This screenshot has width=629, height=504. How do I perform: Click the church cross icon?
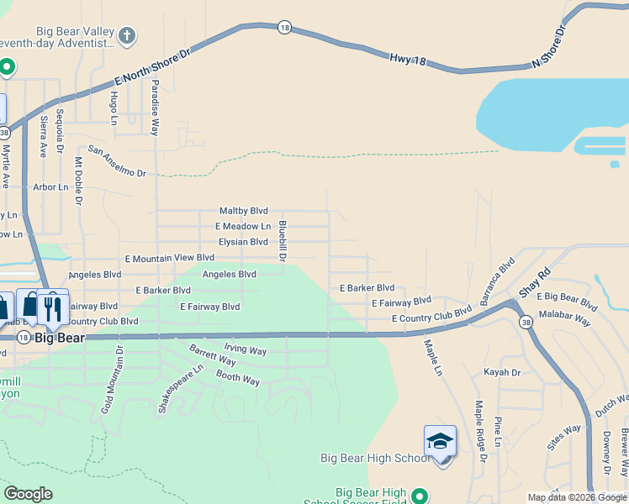[127, 35]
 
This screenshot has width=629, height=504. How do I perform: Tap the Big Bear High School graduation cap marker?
[440, 442]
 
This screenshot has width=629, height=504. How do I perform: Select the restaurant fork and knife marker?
[53, 307]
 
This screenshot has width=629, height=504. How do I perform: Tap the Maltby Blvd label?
[243, 211]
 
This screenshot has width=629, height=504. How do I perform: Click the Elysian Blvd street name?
[243, 242]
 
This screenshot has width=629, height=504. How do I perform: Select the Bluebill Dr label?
[283, 240]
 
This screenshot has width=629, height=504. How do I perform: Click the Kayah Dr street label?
[502, 372]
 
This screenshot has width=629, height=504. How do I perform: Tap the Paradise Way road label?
[155, 113]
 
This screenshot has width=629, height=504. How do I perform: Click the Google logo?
[28, 494]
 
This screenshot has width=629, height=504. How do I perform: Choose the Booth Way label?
[238, 379]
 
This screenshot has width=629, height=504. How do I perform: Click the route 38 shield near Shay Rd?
[526, 322]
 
